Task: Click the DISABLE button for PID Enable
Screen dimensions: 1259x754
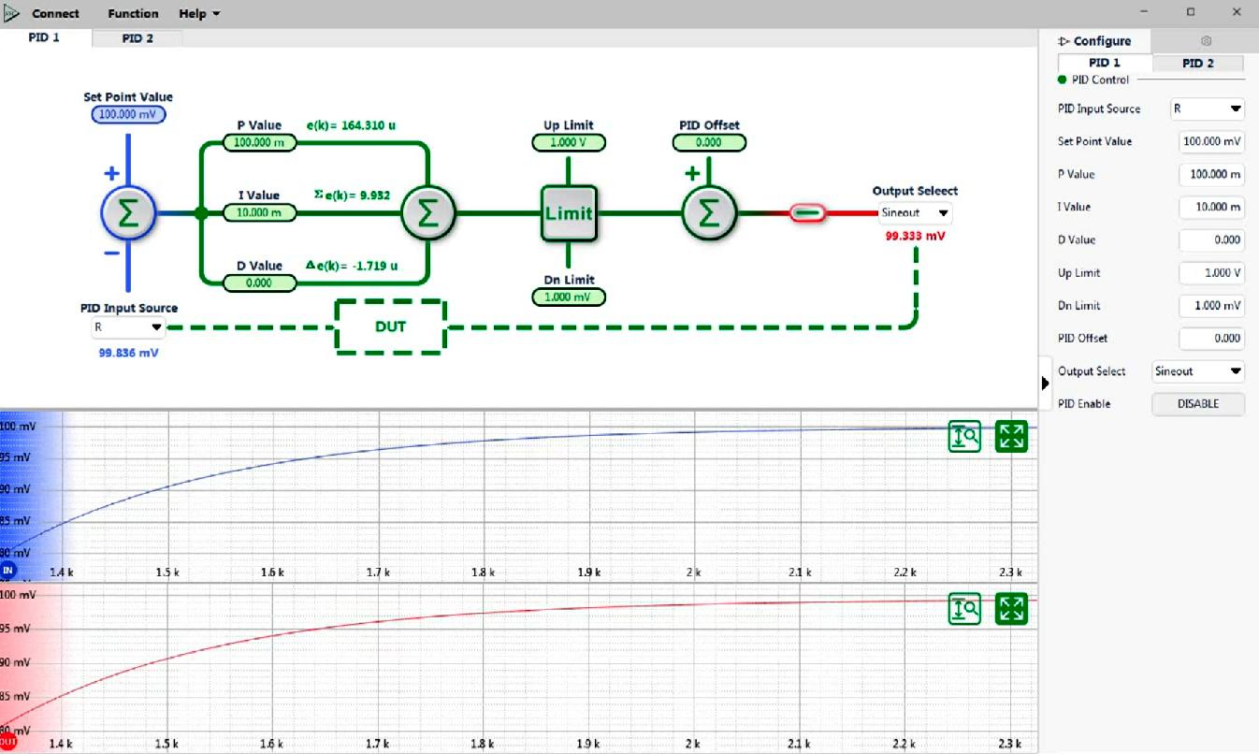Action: coord(1198,404)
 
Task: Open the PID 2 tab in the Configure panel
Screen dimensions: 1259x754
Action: coord(1198,63)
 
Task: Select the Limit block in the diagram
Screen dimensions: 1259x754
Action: coord(569,213)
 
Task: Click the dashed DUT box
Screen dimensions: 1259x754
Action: coord(391,326)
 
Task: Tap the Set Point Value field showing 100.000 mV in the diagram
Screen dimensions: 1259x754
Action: coord(128,114)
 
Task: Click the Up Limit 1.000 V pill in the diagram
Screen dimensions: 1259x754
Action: coord(569,142)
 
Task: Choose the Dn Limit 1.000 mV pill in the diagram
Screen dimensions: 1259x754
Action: coord(569,297)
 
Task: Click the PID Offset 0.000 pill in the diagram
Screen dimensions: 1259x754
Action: coord(709,142)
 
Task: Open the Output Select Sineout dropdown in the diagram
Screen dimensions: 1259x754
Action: coord(915,212)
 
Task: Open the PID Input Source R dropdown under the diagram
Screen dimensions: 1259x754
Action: coord(128,326)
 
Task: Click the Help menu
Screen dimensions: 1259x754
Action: coord(199,13)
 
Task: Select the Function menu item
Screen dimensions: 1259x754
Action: coord(133,13)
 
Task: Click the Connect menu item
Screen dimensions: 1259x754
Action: coord(55,13)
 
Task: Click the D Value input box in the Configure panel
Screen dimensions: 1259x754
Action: coord(1211,239)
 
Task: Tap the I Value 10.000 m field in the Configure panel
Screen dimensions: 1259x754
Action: coord(1211,207)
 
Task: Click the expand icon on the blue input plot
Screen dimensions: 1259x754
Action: coord(1011,436)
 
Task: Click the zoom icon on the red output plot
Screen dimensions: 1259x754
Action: coord(964,609)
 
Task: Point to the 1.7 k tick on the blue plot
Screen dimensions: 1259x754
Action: coord(378,573)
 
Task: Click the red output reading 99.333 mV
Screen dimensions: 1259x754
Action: coord(915,236)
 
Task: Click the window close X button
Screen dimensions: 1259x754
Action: coord(1237,12)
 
